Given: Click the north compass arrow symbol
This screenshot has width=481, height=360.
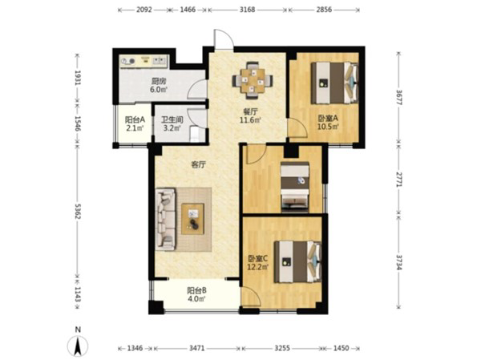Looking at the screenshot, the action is click(x=78, y=346).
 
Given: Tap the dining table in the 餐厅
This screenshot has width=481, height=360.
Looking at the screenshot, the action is click(x=253, y=81).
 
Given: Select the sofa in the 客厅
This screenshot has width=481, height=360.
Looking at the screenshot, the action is click(x=166, y=219).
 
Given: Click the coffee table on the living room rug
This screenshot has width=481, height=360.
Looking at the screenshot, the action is click(x=192, y=219).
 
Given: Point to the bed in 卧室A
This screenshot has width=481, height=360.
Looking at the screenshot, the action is click(x=334, y=83).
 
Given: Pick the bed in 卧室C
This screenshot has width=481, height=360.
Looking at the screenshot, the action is click(x=297, y=261).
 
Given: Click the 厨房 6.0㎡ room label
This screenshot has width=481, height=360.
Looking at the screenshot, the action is click(x=158, y=85).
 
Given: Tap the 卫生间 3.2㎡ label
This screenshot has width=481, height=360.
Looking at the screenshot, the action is click(x=172, y=123).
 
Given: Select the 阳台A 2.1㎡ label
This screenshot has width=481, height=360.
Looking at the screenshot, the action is click(x=135, y=123).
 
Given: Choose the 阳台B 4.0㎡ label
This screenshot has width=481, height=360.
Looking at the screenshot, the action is click(x=196, y=294).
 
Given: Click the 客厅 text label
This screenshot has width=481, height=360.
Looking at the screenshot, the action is click(x=199, y=165).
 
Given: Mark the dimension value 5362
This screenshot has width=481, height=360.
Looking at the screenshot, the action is click(x=77, y=211).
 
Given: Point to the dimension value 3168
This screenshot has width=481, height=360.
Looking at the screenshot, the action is click(x=247, y=10).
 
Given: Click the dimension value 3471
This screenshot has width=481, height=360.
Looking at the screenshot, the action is click(x=197, y=348).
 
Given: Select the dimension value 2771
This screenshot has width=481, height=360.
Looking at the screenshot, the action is click(x=398, y=180).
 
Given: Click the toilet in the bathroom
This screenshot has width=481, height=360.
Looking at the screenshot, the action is click(x=195, y=134).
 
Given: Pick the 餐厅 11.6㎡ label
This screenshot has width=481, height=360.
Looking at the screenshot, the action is click(x=251, y=115).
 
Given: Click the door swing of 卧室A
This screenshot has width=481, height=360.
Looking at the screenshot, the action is click(x=297, y=127).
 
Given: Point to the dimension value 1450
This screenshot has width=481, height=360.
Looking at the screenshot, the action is click(x=341, y=348).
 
